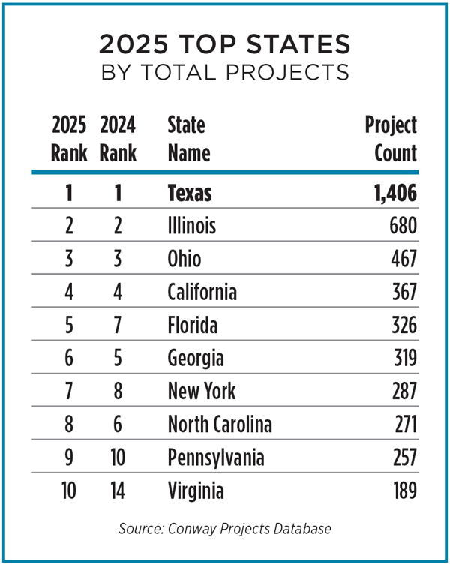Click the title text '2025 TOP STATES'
[224, 45]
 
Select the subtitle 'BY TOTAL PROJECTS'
[224, 72]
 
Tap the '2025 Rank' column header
[68, 139]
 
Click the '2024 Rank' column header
[118, 139]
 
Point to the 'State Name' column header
[188, 139]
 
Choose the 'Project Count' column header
[391, 139]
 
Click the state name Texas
[190, 193]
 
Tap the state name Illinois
[192, 226]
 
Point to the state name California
[202, 292]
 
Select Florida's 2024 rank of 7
[118, 325]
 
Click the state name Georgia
[195, 358]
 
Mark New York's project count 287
[401, 391]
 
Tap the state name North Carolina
[220, 425]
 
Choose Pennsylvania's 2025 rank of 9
[68, 458]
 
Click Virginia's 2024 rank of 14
[118, 491]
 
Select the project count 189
[402, 491]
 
